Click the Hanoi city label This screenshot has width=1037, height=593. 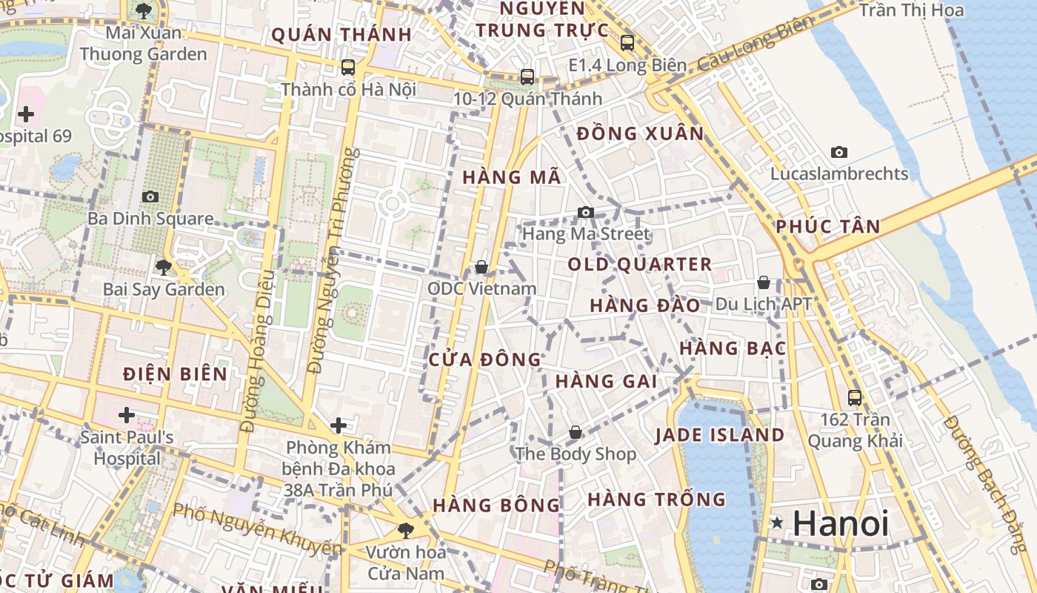click(x=840, y=523)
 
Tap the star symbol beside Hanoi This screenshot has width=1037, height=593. click(x=777, y=523)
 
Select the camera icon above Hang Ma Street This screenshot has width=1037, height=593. click(x=586, y=213)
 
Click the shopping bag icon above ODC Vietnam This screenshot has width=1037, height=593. click(x=481, y=267)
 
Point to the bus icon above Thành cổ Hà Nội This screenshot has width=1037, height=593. click(x=348, y=67)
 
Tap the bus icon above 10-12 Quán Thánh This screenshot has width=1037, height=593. click(x=527, y=76)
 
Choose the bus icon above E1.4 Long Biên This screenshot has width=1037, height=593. click(x=627, y=43)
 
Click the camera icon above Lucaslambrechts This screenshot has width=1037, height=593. click(x=838, y=152)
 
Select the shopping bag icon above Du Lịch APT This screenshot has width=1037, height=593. click(x=763, y=282)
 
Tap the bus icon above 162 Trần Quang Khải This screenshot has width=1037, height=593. click(x=855, y=398)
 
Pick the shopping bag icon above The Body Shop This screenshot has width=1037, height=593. click(x=576, y=432)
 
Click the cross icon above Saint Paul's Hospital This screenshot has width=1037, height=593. click(x=127, y=414)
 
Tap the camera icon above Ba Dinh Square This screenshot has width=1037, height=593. click(x=150, y=196)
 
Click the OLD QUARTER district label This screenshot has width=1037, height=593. click(x=640, y=265)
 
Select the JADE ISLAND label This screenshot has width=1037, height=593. click(x=719, y=435)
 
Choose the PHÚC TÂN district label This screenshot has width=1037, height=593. click(x=828, y=227)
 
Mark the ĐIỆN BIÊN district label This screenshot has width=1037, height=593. click(x=176, y=374)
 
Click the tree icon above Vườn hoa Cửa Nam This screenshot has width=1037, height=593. click(x=405, y=531)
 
